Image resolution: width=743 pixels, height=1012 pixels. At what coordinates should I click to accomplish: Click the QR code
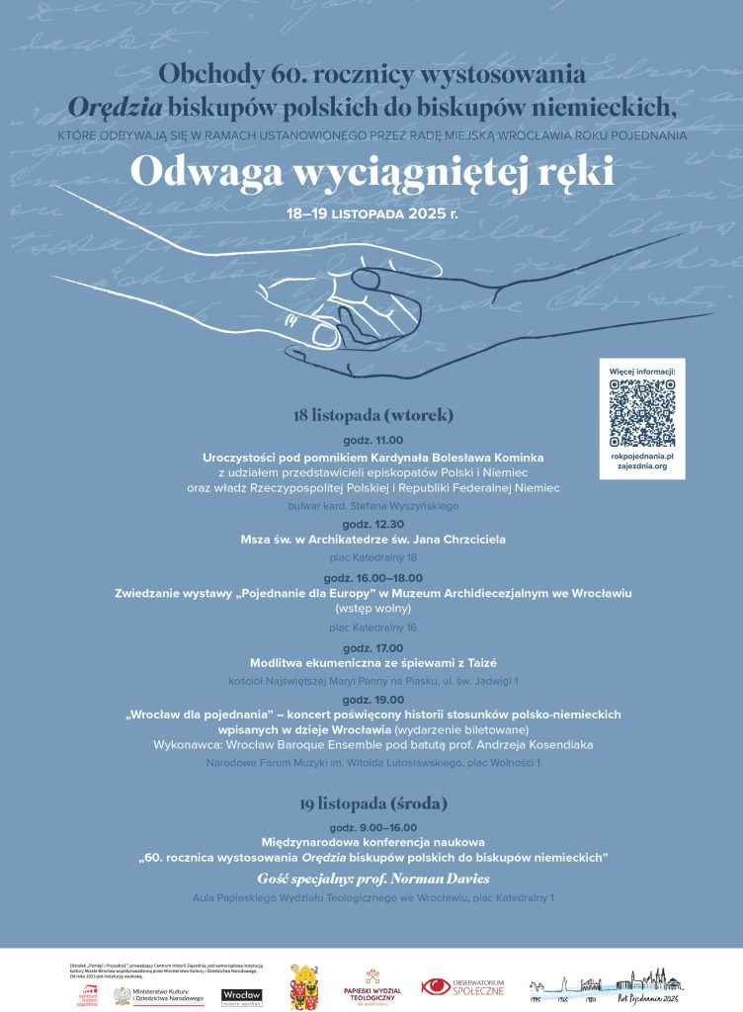[x=641, y=412]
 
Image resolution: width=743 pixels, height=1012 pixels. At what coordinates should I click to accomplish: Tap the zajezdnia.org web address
[x=641, y=465]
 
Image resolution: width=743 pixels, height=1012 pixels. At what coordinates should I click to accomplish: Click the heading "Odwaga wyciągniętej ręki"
[x=371, y=172]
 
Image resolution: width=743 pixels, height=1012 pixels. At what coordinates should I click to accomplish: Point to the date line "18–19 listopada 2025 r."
[x=371, y=212]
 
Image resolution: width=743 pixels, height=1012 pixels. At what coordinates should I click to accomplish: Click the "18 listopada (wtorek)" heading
[x=372, y=416]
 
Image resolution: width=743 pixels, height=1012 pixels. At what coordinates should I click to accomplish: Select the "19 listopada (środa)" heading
[x=371, y=802]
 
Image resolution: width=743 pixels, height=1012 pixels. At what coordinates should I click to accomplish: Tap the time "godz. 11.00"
[x=372, y=440]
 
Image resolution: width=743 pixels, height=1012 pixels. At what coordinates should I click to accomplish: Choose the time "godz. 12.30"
[x=372, y=524]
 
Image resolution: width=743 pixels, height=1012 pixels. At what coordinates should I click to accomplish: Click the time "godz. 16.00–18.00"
[x=372, y=577]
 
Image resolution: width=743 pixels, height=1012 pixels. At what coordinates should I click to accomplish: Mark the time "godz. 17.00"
[x=372, y=647]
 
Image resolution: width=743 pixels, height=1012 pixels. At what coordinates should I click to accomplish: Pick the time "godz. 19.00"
[x=372, y=698]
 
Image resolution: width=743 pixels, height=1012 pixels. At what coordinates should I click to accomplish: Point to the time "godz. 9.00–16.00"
[x=372, y=827]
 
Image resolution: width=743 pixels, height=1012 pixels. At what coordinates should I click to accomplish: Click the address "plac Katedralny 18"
[x=372, y=557]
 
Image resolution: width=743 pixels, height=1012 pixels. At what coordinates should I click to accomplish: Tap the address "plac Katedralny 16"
[x=372, y=627]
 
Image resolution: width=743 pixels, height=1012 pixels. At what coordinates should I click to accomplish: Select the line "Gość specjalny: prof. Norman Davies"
[x=372, y=878]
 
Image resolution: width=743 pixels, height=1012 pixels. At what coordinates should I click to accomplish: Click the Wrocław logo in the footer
[x=241, y=994]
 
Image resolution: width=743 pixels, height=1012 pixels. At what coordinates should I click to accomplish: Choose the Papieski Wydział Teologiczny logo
[x=371, y=987]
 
